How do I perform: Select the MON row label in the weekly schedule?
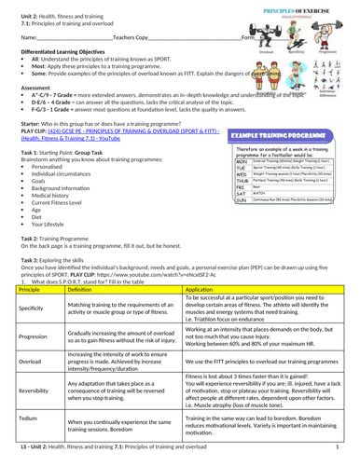pyautogui.click(x=242, y=160)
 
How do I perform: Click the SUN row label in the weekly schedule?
pyautogui.click(x=241, y=199)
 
